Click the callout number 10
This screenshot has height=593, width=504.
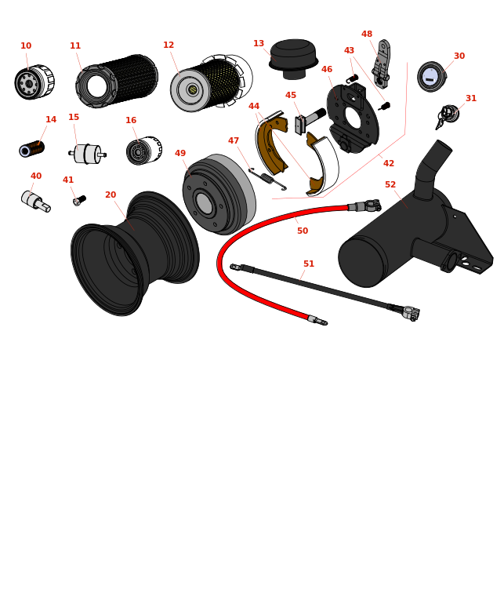click(x=26, y=45)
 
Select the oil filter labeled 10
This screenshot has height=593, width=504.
click(x=34, y=82)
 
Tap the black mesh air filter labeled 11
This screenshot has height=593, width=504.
click(x=117, y=81)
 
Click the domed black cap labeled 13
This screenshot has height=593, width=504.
click(x=294, y=59)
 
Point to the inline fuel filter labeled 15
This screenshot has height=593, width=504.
click(x=88, y=154)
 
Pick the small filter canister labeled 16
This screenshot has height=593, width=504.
click(x=144, y=151)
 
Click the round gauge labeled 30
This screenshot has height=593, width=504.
click(x=432, y=77)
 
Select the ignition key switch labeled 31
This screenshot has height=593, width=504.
click(x=448, y=116)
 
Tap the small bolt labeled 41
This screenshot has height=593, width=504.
click(x=79, y=200)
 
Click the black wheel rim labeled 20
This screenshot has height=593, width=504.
click(x=135, y=253)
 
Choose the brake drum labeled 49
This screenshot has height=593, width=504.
click(x=219, y=195)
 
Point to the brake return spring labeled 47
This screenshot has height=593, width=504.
click(x=267, y=178)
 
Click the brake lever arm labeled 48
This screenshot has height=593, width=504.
click(x=381, y=64)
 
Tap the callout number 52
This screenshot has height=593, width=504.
click(x=390, y=184)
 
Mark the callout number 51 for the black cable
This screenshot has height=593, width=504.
click(x=309, y=264)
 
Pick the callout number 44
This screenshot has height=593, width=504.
click(x=254, y=106)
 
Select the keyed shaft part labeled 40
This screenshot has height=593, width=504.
click(x=35, y=201)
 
